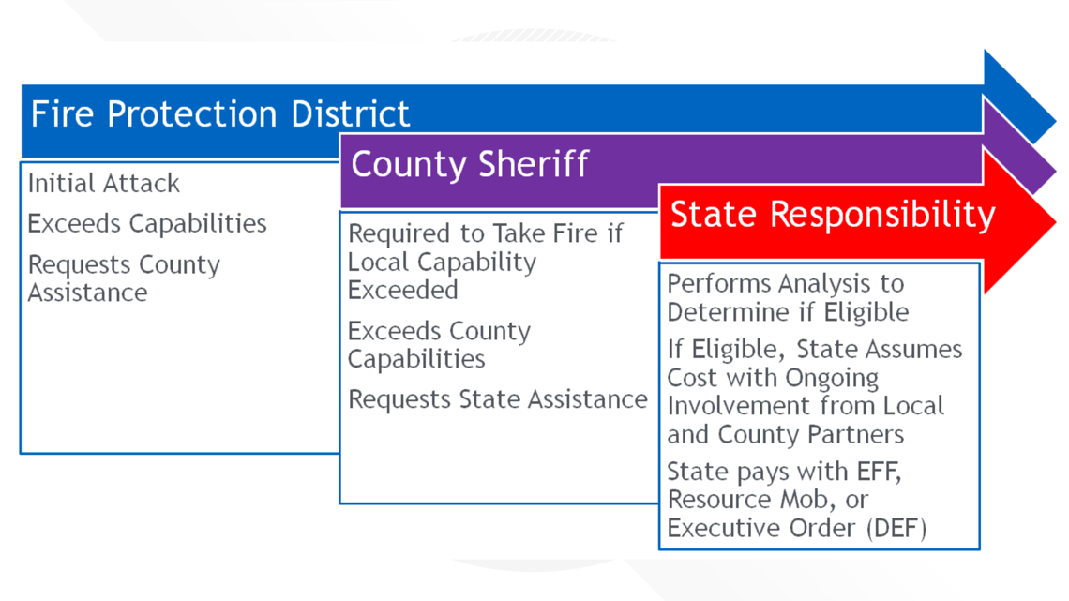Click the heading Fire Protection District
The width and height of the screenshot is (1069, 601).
220,113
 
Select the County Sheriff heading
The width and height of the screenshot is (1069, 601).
469,164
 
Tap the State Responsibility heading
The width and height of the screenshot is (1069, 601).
833,215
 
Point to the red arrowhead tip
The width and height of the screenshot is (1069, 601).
1055,221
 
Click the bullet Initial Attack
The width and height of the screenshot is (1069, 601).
104,183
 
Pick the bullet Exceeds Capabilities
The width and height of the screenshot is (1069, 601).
146,223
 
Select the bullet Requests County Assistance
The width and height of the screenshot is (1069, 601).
124,278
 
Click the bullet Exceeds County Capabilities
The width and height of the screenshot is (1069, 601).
439,345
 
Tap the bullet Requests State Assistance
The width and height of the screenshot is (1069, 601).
498,399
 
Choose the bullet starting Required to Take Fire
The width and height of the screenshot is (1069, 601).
485,262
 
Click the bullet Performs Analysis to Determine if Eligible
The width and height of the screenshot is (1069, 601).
788,298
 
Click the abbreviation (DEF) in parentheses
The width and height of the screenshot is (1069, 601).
896,528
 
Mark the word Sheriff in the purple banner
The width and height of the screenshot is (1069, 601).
533,164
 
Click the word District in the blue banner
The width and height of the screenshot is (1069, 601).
351,113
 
